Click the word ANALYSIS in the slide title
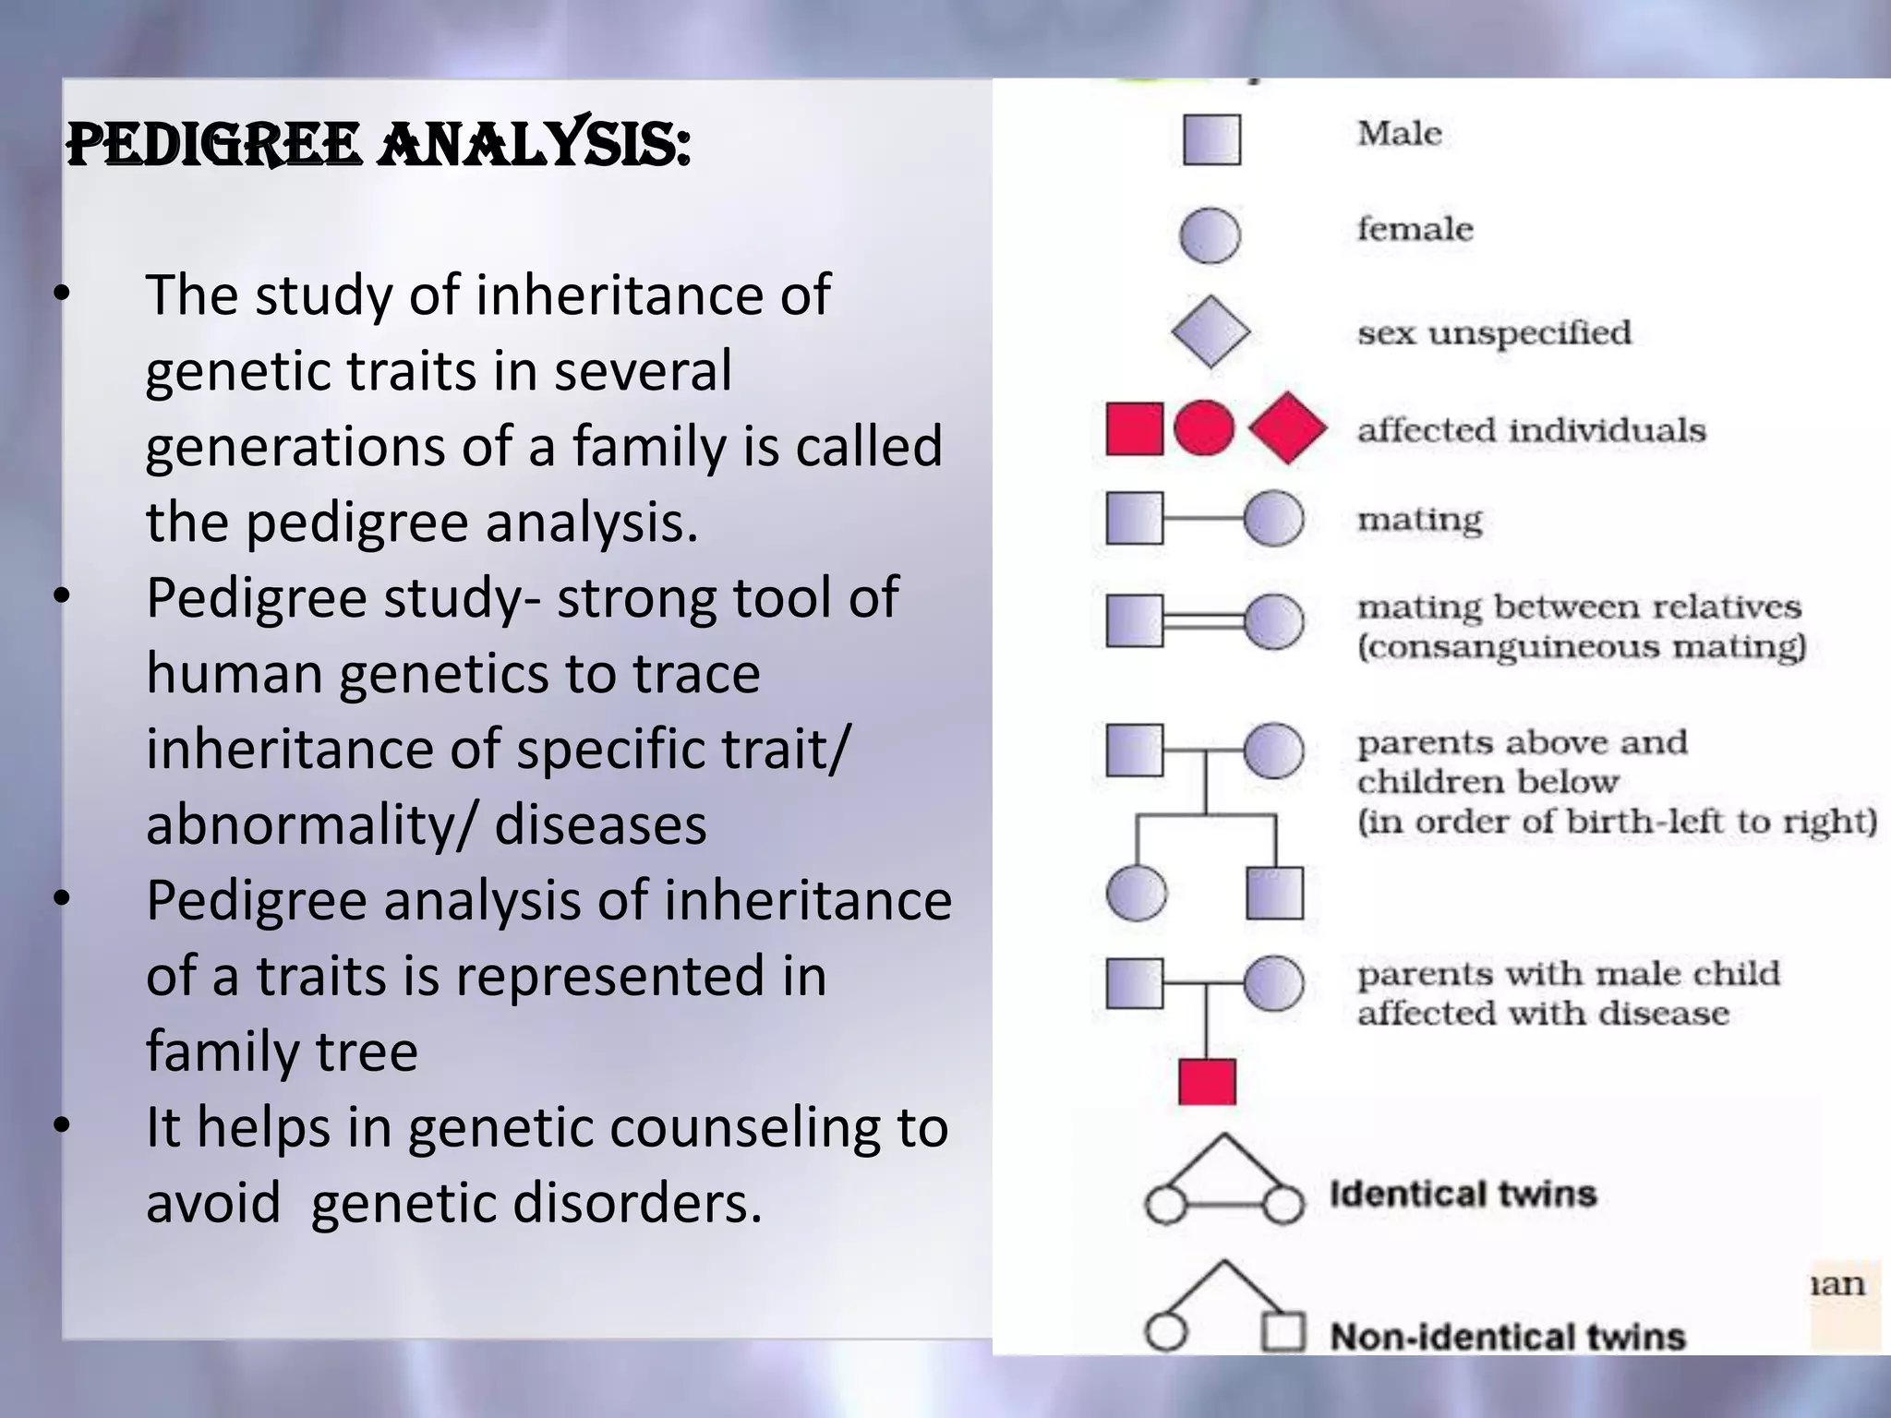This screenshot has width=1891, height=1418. click(x=534, y=146)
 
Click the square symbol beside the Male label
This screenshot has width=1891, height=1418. click(x=1211, y=140)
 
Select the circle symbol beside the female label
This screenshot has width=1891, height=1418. click(x=1210, y=234)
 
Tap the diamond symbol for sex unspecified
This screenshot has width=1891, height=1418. click(x=1210, y=332)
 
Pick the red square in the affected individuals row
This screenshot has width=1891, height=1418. click(x=1134, y=429)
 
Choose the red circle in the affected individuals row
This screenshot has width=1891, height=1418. click(x=1204, y=427)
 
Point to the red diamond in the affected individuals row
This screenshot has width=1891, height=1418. click(x=1287, y=428)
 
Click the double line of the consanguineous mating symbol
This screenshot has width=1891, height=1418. click(x=1203, y=619)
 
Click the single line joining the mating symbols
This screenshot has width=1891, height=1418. click(x=1203, y=518)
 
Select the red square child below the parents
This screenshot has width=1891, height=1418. click(x=1207, y=1081)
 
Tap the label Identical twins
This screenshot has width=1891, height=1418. click(x=1463, y=1194)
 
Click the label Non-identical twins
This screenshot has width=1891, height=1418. click(x=1507, y=1336)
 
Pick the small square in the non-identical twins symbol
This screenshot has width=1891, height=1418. click(x=1283, y=1331)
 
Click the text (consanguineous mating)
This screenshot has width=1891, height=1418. click(x=1581, y=646)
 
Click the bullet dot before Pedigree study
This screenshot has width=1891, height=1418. click(x=62, y=597)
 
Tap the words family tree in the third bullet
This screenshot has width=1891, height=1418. click(x=282, y=1051)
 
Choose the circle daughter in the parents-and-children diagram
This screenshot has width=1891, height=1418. click(x=1136, y=894)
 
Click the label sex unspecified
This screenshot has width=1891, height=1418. click(x=1494, y=332)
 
